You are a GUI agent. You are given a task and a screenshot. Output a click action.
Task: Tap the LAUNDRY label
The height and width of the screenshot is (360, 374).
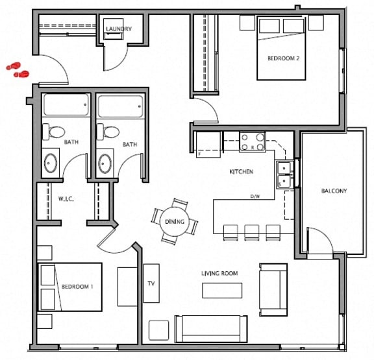pos(119,29)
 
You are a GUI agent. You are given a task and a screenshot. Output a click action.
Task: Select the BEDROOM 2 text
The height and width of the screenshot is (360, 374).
pos(283,58)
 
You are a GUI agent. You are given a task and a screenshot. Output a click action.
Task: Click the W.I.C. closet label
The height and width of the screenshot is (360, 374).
pos(66,199)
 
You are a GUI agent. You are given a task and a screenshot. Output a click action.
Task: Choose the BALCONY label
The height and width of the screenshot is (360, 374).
pos(334,191)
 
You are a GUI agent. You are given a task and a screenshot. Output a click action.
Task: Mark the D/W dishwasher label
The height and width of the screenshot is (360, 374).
pos(256,196)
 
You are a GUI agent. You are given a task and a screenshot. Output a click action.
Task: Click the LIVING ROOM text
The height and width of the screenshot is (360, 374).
pos(219,274)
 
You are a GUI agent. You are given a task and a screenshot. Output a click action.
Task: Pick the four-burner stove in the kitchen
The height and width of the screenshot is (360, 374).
pos(253,141)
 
